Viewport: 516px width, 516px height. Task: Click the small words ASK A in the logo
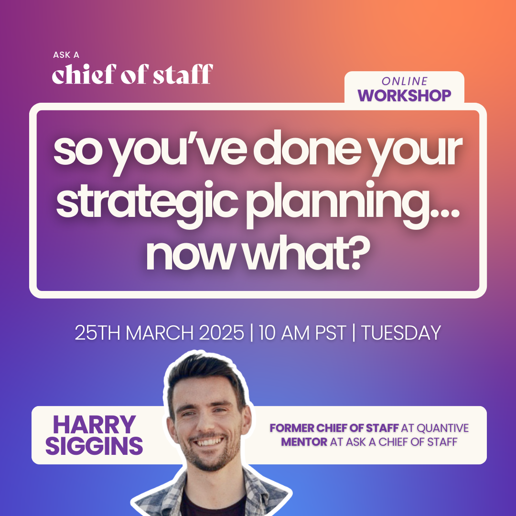click(x=66, y=55)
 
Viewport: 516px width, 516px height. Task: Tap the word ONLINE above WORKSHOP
click(x=405, y=81)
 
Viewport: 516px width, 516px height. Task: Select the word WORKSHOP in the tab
click(x=405, y=96)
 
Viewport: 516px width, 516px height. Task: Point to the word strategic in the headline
click(x=147, y=200)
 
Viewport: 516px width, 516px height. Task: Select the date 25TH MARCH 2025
click(x=159, y=333)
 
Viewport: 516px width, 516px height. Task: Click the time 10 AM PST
click(x=302, y=333)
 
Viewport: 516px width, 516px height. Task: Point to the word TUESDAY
click(x=401, y=333)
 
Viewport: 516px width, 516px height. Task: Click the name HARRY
click(x=95, y=425)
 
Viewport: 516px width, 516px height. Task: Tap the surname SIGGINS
click(x=94, y=446)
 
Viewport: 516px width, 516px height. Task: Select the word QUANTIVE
click(x=442, y=428)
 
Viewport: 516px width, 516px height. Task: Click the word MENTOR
click(x=304, y=441)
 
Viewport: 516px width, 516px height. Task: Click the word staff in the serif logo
click(x=183, y=74)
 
